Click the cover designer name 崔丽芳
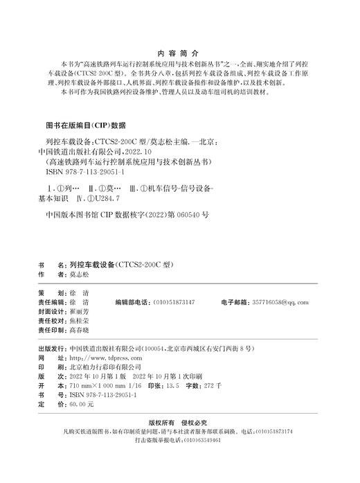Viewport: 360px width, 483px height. (80, 313)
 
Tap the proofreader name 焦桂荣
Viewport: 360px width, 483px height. (80, 322)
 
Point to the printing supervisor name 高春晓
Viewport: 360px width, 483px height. (80, 332)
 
